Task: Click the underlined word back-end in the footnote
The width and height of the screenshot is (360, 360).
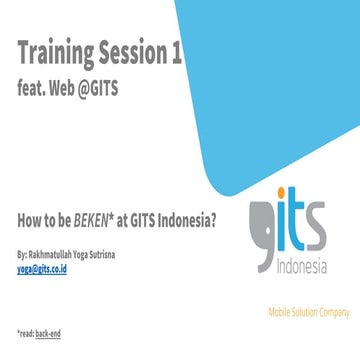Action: pos(49,331)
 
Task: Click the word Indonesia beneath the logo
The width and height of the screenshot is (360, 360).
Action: pos(303,264)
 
